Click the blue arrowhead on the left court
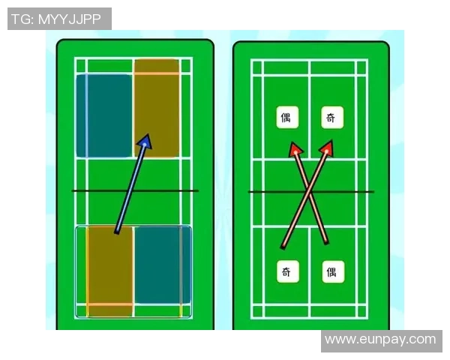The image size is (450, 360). click(x=145, y=141)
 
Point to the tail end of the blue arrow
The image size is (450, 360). click(x=117, y=232)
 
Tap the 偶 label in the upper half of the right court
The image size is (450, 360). click(x=287, y=117)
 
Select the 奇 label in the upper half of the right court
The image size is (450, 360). click(x=332, y=117)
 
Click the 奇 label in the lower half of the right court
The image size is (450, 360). click(x=288, y=271)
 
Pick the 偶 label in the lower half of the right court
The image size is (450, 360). click(x=333, y=271)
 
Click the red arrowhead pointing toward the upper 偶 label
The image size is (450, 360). click(x=295, y=149)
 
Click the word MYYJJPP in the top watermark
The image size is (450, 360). click(x=70, y=19)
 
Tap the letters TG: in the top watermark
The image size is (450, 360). click(x=23, y=19)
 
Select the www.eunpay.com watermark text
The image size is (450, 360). click(x=380, y=340)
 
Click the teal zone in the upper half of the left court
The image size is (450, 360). click(x=104, y=115)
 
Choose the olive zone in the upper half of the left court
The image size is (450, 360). click(x=157, y=108)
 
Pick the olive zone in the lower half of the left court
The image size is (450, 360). click(x=110, y=271)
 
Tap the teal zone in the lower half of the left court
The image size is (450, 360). click(x=163, y=265)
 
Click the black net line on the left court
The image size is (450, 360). click(x=135, y=190)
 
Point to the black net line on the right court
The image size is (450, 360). click(x=311, y=191)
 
